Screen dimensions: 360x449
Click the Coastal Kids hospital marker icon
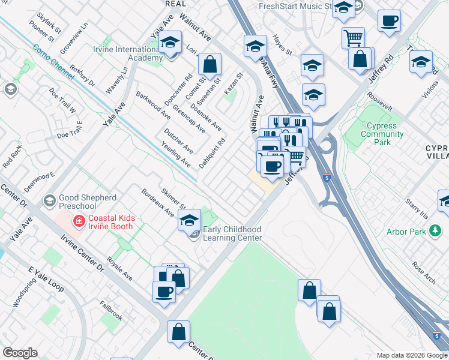tap(78, 221)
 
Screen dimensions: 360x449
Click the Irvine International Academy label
tap(127, 53)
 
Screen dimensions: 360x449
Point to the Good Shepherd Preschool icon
tap(50, 199)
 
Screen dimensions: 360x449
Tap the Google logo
tap(20, 353)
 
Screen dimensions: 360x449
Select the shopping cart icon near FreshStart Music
tap(353, 38)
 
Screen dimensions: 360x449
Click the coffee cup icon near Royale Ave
tap(164, 292)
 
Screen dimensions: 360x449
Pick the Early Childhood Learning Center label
tap(232, 233)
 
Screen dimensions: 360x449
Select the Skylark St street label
tap(49, 21)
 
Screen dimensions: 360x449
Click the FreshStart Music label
tap(295, 6)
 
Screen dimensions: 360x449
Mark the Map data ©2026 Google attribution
tap(411, 355)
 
